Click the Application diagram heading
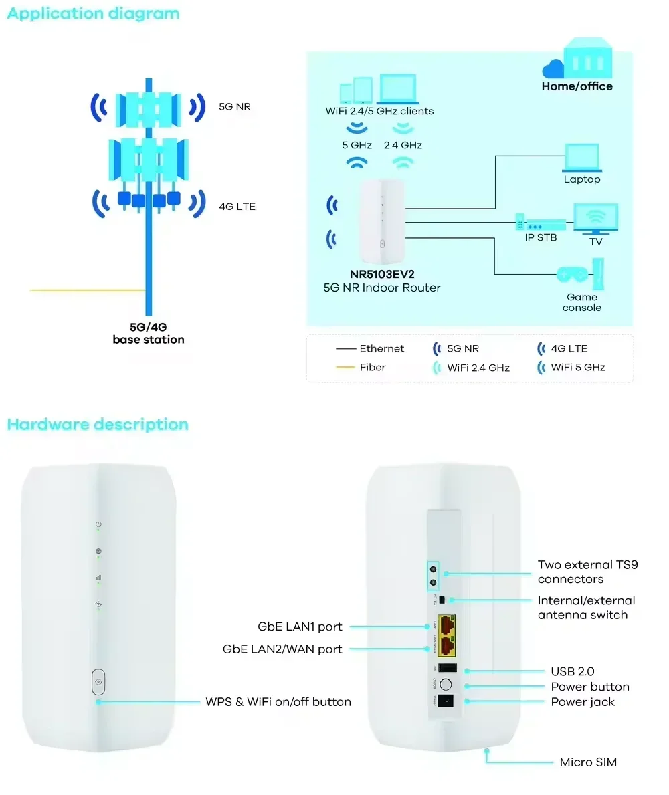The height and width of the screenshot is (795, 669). [93, 13]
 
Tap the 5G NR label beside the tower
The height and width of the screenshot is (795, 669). [234, 106]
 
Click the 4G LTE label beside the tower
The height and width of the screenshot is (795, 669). [237, 206]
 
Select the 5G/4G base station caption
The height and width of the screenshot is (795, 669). [148, 334]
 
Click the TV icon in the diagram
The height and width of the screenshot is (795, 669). [595, 219]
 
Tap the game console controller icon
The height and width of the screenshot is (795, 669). [573, 274]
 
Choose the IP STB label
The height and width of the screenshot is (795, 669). [541, 238]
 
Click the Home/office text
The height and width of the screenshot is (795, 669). [577, 86]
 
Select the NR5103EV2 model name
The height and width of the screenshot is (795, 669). [381, 275]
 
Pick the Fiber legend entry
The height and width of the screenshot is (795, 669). [373, 367]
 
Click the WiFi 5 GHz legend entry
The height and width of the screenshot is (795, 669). [577, 367]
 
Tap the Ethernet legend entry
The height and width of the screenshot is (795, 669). [381, 348]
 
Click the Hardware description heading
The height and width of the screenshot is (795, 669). [98, 424]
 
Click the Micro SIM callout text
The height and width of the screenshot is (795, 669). [588, 762]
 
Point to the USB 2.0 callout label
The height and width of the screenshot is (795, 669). [573, 671]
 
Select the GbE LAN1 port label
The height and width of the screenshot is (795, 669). [300, 627]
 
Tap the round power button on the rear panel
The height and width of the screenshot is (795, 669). [449, 685]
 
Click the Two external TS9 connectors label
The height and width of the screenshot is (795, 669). [587, 572]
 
